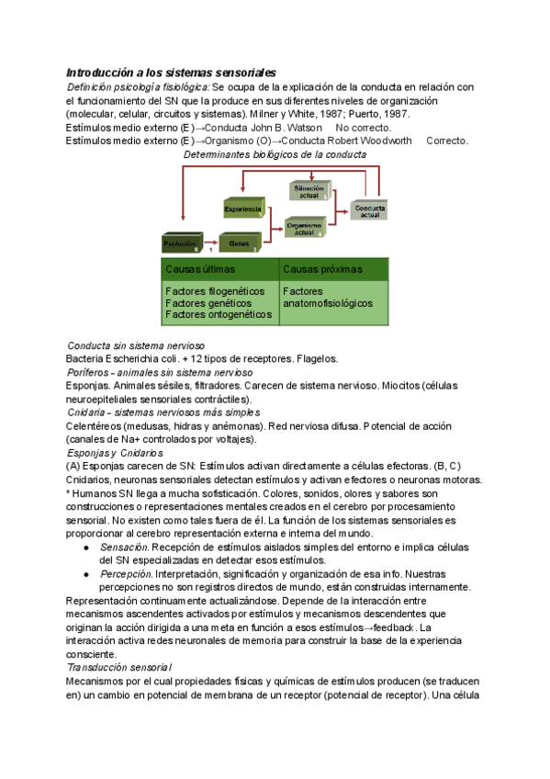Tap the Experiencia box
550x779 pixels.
click(243, 209)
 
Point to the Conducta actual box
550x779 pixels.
click(368, 210)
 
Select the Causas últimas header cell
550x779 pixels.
click(219, 269)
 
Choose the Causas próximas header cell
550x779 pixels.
click(334, 269)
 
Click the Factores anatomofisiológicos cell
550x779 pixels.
click(334, 297)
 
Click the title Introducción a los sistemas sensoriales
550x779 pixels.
click(171, 72)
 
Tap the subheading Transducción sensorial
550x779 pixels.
click(119, 666)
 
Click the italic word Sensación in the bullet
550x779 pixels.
click(125, 547)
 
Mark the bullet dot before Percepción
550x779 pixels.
click(85, 573)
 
